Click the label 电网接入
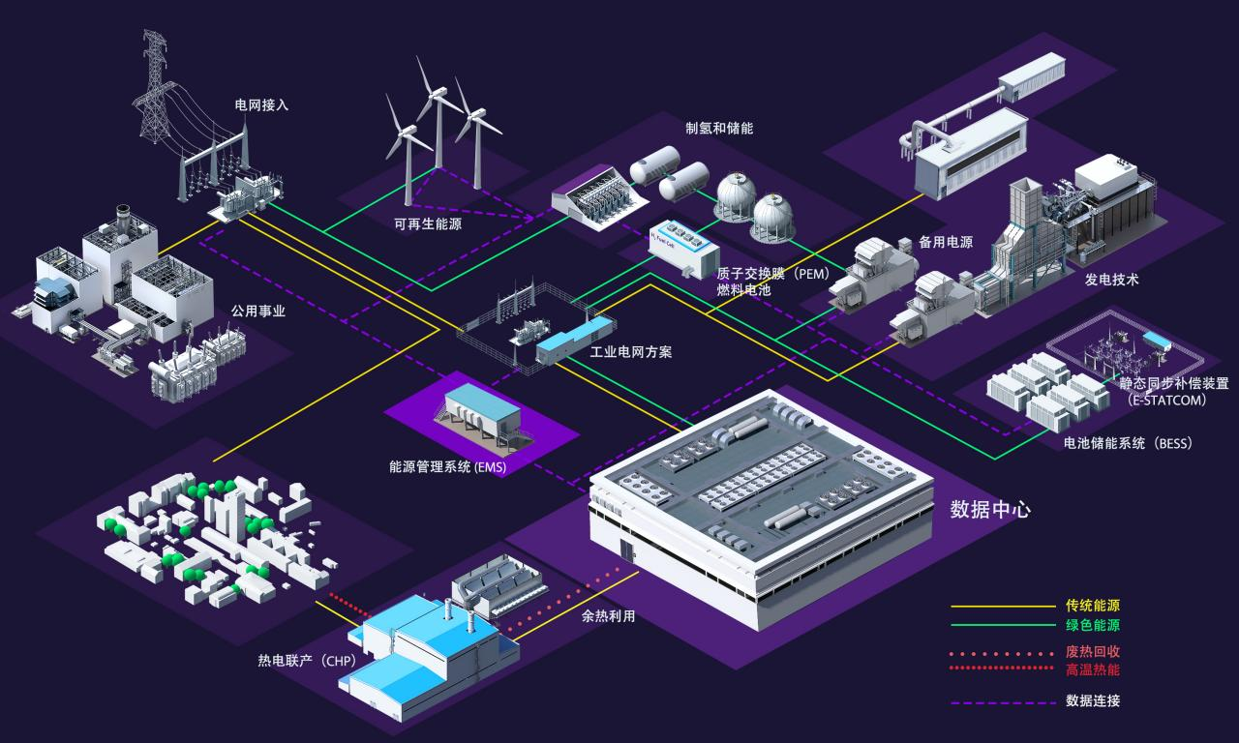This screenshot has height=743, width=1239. coord(261,105)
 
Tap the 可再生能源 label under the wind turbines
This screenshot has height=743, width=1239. coord(428,224)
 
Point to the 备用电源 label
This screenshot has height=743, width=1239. coord(945,243)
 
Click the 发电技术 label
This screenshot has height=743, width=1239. coord(1111,280)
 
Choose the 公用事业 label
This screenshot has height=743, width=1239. coord(258,312)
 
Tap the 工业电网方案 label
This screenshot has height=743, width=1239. coord(631,352)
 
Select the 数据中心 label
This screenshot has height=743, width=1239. coord(990,509)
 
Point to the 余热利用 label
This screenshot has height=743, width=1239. coord(608,615)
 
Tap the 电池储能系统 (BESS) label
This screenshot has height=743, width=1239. coord(1128,443)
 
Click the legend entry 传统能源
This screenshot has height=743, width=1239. coord(1092,607)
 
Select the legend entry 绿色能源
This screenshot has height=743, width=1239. coord(1092,625)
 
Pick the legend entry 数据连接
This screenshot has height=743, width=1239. coord(1092,700)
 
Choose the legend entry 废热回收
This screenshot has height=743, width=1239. coord(1092,651)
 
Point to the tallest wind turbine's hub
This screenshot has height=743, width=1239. coord(438,94)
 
